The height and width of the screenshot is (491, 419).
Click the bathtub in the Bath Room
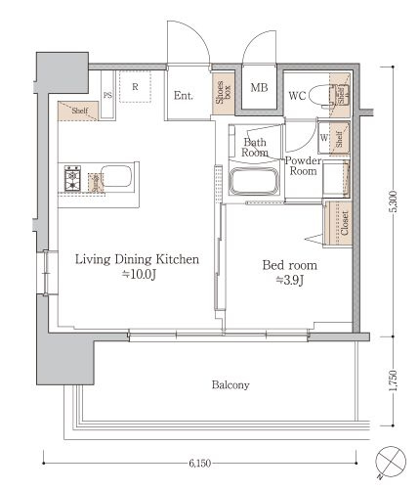pos(254,181)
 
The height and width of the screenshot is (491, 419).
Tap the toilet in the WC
pos(321,97)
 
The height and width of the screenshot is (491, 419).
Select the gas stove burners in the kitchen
pos(72,178)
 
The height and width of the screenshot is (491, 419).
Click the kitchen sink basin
pos(115,176)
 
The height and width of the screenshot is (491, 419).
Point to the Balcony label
pos(230,384)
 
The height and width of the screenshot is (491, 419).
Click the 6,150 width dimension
pos(199,463)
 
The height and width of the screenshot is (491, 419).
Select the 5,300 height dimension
pos(394,201)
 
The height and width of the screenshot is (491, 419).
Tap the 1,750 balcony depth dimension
pos(394,380)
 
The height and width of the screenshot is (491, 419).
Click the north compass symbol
pos(391,461)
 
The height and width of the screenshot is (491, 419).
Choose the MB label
pos(259,87)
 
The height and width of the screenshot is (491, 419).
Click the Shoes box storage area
pos(223,93)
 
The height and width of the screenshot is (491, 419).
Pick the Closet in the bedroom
pos(339,223)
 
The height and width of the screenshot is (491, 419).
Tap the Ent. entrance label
pos(184,95)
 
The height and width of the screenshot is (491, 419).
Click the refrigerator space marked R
pos(135,86)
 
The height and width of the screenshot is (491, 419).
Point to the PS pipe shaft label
pos(107,95)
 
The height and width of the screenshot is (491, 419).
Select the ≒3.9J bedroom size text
pos(290,280)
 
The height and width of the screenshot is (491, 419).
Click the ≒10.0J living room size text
pos(139,275)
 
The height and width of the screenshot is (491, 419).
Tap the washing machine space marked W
pos(324,138)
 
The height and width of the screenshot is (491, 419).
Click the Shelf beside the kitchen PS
pos(78,111)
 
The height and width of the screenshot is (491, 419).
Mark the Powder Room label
pos(303,165)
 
